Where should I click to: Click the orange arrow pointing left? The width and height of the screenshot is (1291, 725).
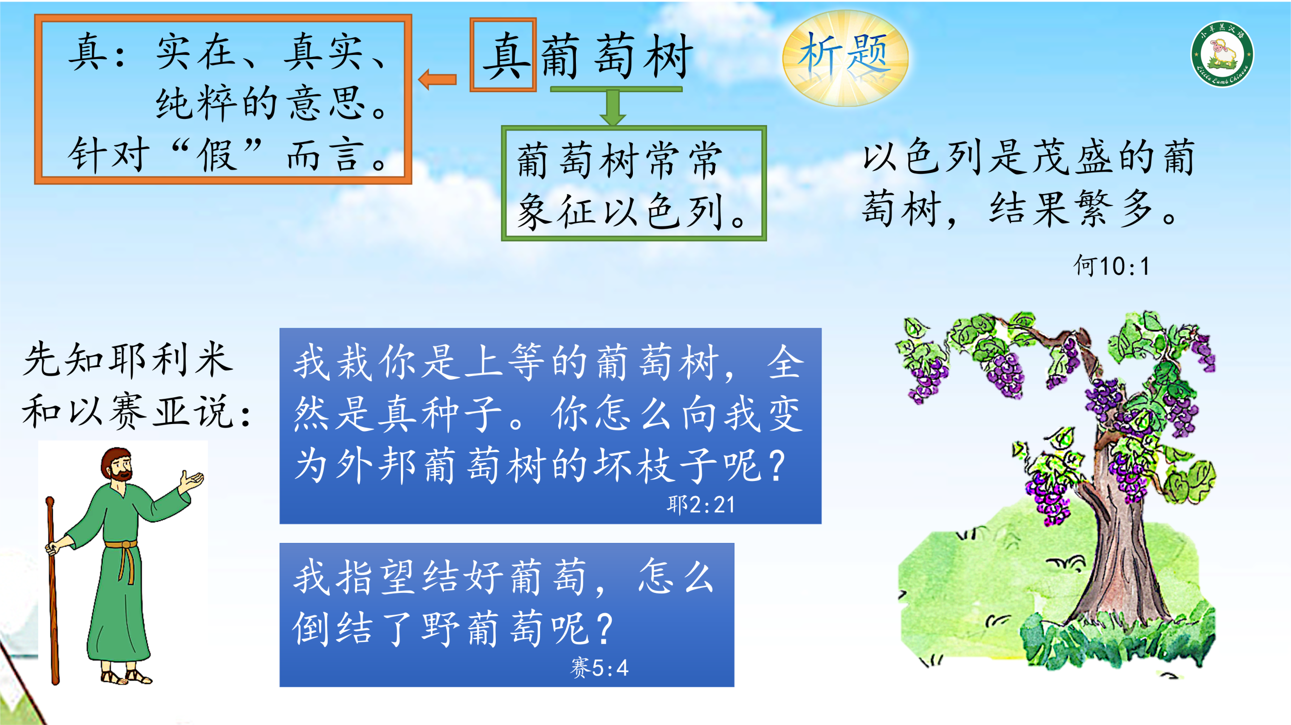[437, 79]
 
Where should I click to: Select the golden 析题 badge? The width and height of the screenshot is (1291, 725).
[845, 58]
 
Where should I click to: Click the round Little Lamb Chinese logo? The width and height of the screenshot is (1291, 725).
[1222, 54]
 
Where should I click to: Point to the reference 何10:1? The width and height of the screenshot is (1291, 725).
[1111, 266]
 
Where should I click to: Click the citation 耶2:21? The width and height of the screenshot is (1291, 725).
[701, 504]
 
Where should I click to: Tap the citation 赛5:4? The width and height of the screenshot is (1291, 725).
[600, 668]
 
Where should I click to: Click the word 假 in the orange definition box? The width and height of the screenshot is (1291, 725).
[217, 155]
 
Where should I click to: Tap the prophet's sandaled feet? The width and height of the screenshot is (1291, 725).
[126, 676]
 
